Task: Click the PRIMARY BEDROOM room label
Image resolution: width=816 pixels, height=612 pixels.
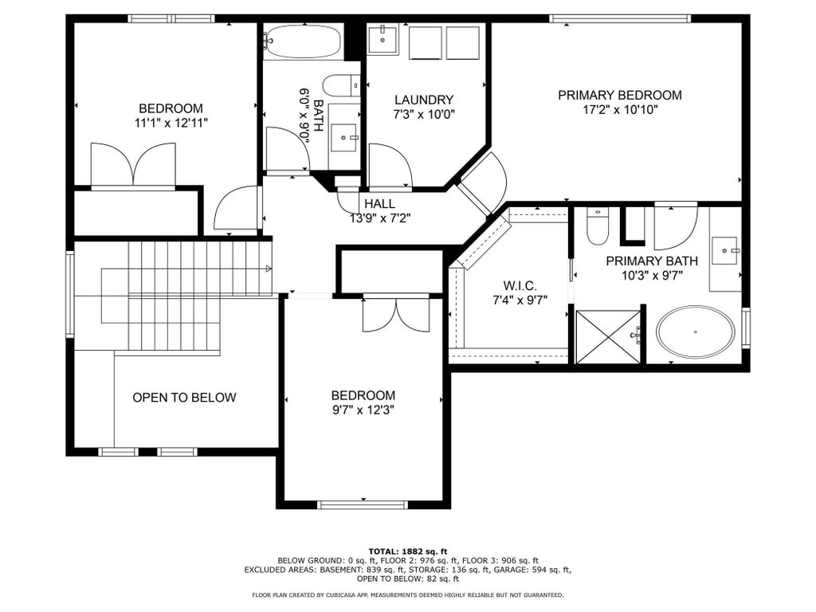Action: pos(620,96)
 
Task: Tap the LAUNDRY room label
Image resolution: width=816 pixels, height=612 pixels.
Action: pos(424,100)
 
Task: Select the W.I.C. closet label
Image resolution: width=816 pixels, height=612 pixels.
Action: pos(520,286)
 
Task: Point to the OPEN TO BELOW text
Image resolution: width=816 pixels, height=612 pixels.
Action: pos(184,398)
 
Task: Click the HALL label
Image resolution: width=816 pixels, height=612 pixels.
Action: pos(379,203)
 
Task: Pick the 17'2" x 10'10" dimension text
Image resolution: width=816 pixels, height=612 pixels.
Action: pos(620,110)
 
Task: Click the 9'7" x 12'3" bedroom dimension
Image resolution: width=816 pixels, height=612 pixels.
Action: pos(363,410)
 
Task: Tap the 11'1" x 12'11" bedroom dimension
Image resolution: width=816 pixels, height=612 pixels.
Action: pos(171,124)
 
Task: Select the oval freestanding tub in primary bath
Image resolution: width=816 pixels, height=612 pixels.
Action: pos(695,332)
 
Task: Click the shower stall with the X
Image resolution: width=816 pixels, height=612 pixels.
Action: pos(608,337)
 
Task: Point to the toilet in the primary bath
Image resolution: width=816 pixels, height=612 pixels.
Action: pos(597,226)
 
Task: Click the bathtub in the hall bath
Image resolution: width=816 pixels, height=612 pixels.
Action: pos(302,41)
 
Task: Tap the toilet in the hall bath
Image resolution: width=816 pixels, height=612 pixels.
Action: pos(341,85)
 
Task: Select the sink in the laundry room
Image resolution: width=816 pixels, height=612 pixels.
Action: pos(383,40)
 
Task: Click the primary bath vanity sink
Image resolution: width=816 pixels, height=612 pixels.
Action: pos(725,250)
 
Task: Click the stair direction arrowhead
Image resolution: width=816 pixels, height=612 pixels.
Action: pos(269,269)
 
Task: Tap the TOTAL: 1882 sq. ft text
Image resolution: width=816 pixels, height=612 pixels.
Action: pos(408,551)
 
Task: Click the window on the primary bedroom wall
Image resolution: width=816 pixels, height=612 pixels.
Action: pos(620,19)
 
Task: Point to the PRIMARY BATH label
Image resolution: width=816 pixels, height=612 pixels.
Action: pos(652,261)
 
